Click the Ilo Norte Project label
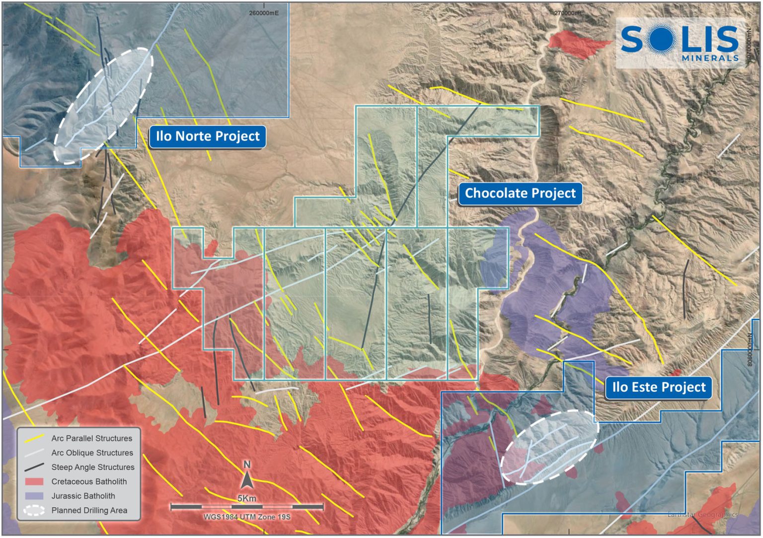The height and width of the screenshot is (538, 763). coord(208,136)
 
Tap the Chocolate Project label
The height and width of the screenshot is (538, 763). coord(520,193)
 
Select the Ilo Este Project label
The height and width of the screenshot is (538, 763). coord(658,387)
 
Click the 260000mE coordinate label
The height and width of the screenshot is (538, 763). coord(264,13)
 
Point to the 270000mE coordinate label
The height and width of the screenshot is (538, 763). coord(569,13)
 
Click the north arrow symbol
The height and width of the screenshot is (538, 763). coord(247,479)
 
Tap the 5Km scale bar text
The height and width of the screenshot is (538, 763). coord(247,498)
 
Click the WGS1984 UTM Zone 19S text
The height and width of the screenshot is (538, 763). coord(247,517)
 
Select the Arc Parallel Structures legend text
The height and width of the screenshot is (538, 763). coord(92,438)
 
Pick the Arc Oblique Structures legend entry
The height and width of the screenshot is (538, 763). coord(92,453)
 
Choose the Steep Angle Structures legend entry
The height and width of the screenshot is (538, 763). coord(93,467)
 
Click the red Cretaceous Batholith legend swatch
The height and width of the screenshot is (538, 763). coord(34,481)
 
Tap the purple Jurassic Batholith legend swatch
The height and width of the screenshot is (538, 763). coord(34,496)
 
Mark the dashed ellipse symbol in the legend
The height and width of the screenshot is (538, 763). coord(34,510)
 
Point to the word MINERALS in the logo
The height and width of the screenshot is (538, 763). coord(710,58)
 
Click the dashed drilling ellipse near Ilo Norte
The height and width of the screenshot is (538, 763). coord(103,106)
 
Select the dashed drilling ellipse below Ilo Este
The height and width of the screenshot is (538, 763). coord(549,447)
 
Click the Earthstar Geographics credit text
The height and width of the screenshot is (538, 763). coord(702,514)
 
